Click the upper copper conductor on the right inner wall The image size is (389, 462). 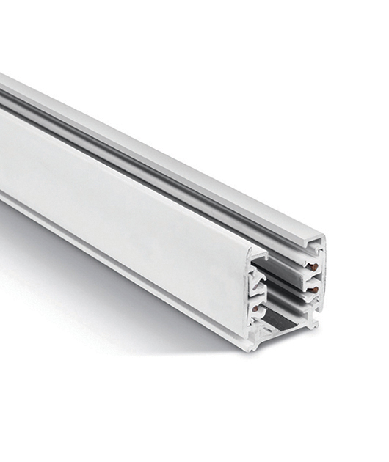(313, 269)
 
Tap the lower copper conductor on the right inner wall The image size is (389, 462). (313, 290)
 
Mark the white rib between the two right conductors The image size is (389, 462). (311, 279)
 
